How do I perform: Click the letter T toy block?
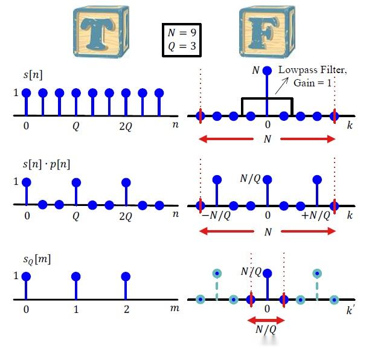tap(101, 32)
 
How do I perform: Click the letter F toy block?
tap(267, 32)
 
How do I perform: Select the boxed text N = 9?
tap(182, 33)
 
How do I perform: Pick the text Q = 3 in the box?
tap(182, 46)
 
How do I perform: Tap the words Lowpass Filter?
tap(312, 70)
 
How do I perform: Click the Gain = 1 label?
tap(312, 83)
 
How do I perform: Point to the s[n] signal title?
tap(33, 75)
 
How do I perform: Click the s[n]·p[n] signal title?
tap(47, 164)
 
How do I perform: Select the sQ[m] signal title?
tap(37, 260)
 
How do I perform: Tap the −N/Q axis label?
tap(216, 215)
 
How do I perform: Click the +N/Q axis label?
tap(316, 215)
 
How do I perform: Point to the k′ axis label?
tap(350, 310)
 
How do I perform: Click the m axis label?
tap(175, 308)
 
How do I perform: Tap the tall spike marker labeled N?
tap(267, 70)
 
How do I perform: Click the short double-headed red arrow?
tap(266, 320)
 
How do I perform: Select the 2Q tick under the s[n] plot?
tap(126, 127)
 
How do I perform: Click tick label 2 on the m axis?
tap(127, 309)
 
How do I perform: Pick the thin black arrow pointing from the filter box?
tap(281, 86)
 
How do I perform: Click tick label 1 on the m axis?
tap(75, 309)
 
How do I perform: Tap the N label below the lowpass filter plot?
tap(268, 139)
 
